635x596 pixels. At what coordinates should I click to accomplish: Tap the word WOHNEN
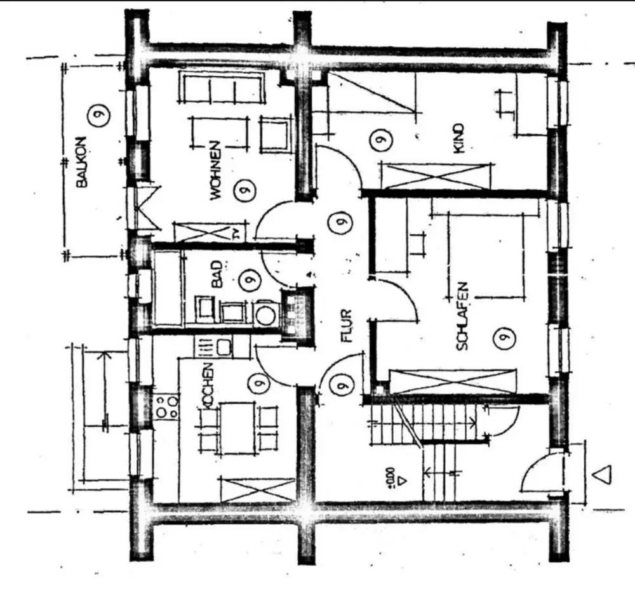pyautogui.click(x=215, y=170)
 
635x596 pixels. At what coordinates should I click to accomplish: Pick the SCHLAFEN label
pyautogui.click(x=462, y=316)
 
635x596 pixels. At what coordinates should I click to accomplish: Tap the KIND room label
pyautogui.click(x=460, y=138)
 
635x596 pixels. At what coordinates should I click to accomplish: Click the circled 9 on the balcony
pyautogui.click(x=99, y=116)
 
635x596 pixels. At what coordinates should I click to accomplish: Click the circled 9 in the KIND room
pyautogui.click(x=380, y=139)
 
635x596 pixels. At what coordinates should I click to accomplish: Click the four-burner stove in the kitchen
pyautogui.click(x=166, y=406)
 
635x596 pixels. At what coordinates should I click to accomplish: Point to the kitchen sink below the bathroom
pyautogui.click(x=224, y=347)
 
